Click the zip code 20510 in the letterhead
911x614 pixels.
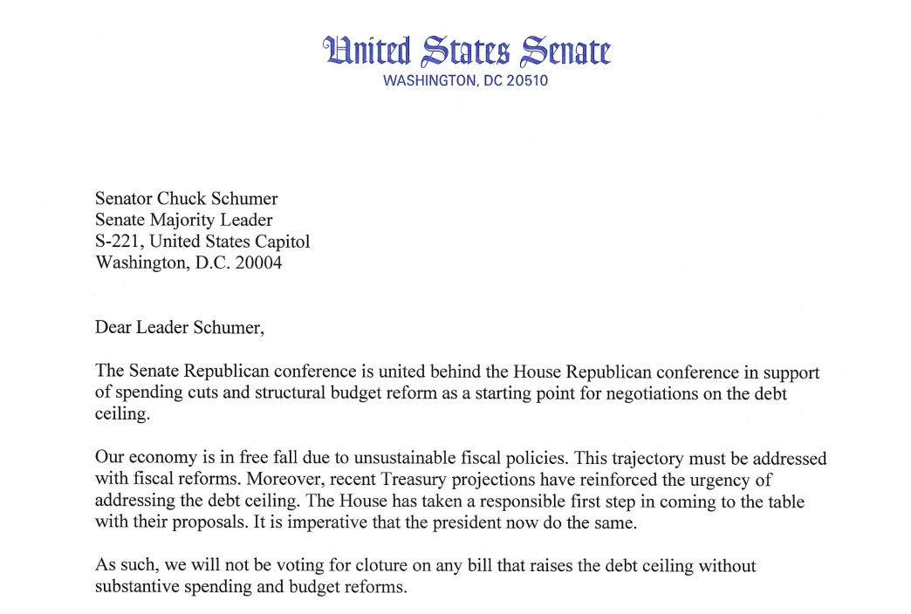click(527, 81)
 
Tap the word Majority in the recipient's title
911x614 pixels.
click(184, 220)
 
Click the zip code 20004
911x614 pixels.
click(258, 263)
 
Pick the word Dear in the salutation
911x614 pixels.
click(113, 328)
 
